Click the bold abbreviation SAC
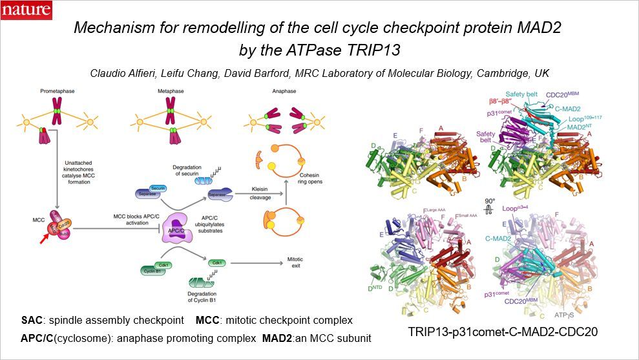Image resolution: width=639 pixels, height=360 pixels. click(x=32, y=321)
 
